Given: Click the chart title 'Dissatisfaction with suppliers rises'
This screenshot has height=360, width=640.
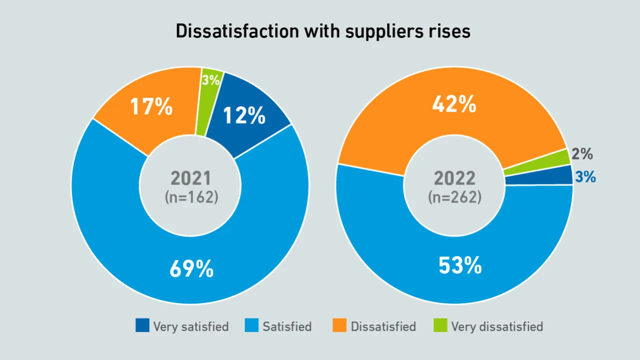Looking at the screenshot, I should [x=322, y=31].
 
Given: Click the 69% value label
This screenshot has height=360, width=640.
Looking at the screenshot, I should [x=191, y=269].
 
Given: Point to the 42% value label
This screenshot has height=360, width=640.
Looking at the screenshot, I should [x=454, y=104].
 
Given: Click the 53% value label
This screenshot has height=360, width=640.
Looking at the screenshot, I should [x=460, y=265].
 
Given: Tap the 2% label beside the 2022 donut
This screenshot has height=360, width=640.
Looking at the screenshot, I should [x=582, y=154].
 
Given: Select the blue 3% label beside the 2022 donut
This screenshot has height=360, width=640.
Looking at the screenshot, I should [x=585, y=176].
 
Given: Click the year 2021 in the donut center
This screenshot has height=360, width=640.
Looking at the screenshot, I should [x=191, y=178].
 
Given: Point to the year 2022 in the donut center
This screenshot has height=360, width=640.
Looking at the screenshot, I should [x=454, y=178].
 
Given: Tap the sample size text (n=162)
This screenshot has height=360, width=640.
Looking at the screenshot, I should [x=191, y=197].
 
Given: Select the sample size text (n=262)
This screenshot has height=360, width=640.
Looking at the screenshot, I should [x=454, y=197].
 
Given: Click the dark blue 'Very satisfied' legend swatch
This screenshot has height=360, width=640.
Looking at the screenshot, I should [x=142, y=326].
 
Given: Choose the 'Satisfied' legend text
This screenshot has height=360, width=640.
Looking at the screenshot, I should [x=287, y=327].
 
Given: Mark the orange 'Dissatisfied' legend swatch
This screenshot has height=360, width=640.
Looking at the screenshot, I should [x=339, y=326].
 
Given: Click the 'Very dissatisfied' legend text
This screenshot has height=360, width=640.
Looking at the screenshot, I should [x=496, y=327].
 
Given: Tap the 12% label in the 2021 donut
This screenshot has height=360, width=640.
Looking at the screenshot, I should [x=244, y=115].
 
